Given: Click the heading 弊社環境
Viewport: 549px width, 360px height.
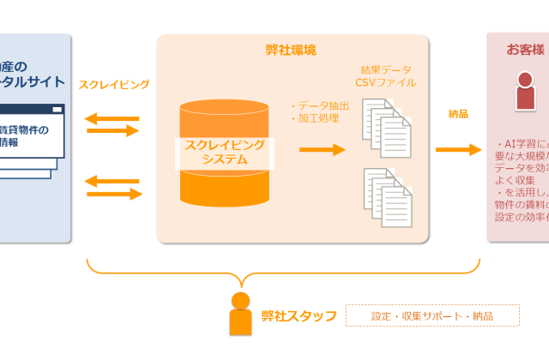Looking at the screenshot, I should click(x=291, y=50).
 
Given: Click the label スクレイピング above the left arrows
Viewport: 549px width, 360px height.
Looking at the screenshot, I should click(x=114, y=84).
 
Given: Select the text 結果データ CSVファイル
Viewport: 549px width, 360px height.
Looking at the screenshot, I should click(x=389, y=75).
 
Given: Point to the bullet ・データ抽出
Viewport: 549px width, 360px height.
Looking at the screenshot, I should click(x=321, y=105).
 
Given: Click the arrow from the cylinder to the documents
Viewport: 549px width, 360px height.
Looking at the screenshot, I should click(x=322, y=150).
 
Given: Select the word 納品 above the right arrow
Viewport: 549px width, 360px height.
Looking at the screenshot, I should click(x=458, y=113).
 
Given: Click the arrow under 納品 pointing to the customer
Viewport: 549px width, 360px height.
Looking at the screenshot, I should click(x=458, y=150).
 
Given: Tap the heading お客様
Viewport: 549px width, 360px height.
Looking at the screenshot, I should click(x=525, y=50).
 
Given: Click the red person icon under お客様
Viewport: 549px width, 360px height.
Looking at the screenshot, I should click(x=525, y=91).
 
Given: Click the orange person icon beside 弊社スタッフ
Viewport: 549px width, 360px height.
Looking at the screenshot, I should click(x=241, y=314).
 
